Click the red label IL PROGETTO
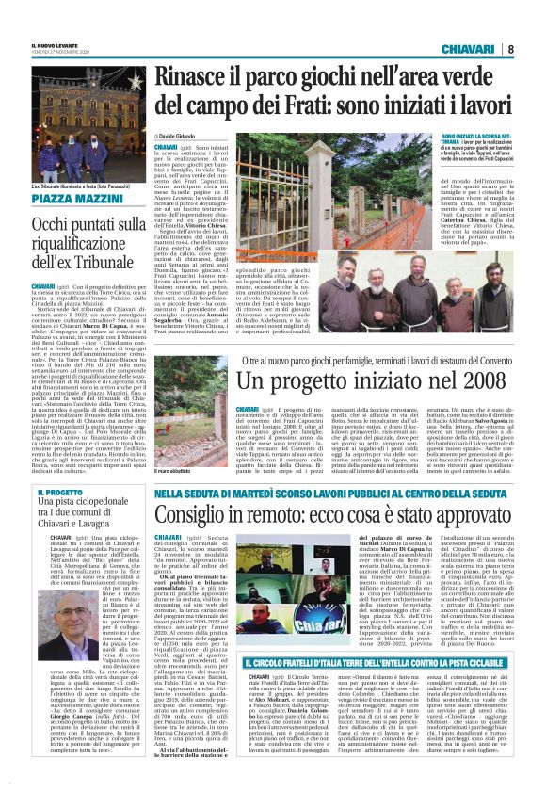[56, 493]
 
